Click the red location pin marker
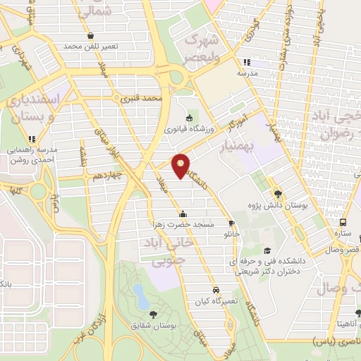[181, 166]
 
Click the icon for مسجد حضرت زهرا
[183, 214]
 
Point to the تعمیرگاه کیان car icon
[216, 290]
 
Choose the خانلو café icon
[231, 224]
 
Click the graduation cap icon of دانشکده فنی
[267, 250]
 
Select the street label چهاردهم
[106, 175]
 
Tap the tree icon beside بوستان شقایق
[154, 314]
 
